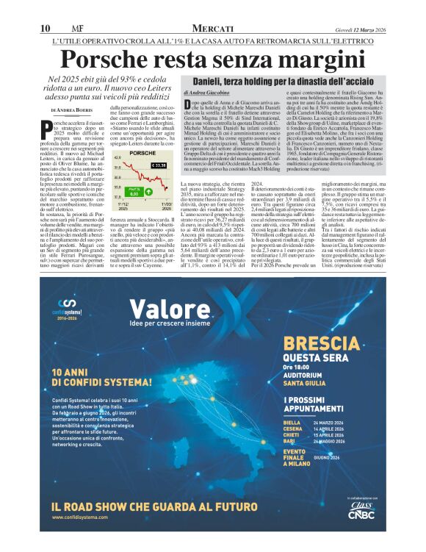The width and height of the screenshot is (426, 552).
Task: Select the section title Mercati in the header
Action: (x=212, y=28)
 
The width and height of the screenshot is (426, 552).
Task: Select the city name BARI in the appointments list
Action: (x=292, y=440)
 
